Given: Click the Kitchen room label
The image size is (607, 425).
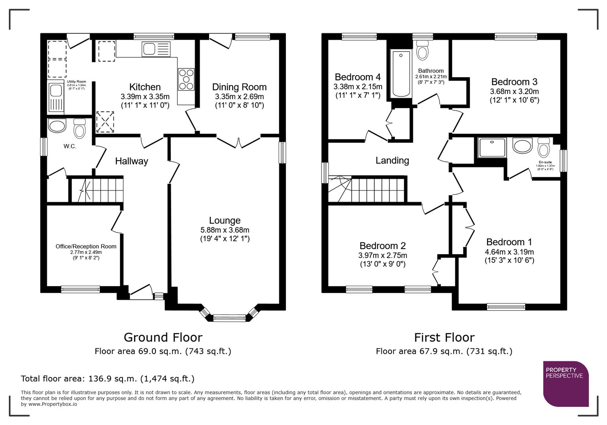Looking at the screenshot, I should pyautogui.click(x=145, y=87).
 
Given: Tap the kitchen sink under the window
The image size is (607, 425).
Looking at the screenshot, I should pyautogui.click(x=157, y=50).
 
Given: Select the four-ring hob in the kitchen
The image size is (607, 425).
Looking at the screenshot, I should pyautogui.click(x=186, y=79).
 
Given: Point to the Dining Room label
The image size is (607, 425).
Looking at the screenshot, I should pyautogui.click(x=239, y=87).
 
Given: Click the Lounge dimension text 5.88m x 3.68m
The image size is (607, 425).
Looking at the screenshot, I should pyautogui.click(x=224, y=230).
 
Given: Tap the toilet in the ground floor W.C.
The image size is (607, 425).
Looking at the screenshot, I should pyautogui.click(x=80, y=128).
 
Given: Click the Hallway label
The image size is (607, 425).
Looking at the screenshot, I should pyautogui.click(x=131, y=161).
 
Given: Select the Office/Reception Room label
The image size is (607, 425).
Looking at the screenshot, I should pyautogui.click(x=86, y=246).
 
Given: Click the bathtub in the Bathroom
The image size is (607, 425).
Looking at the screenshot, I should pyautogui.click(x=401, y=74).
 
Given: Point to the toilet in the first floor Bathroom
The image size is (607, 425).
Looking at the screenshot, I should pyautogui.click(x=423, y=51).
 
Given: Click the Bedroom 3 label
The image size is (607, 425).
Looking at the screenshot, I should pyautogui.click(x=514, y=82).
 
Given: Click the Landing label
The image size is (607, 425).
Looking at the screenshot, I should pyautogui.click(x=392, y=160).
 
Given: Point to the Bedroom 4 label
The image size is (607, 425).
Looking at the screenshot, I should pyautogui.click(x=357, y=77).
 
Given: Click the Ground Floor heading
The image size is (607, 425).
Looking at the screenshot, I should pyautogui.click(x=163, y=337).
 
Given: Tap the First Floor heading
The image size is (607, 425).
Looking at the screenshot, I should pyautogui.click(x=444, y=337).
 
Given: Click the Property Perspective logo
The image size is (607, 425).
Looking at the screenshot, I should pyautogui.click(x=565, y=384).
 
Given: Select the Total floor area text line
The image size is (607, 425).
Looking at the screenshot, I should pyautogui.click(x=107, y=379).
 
